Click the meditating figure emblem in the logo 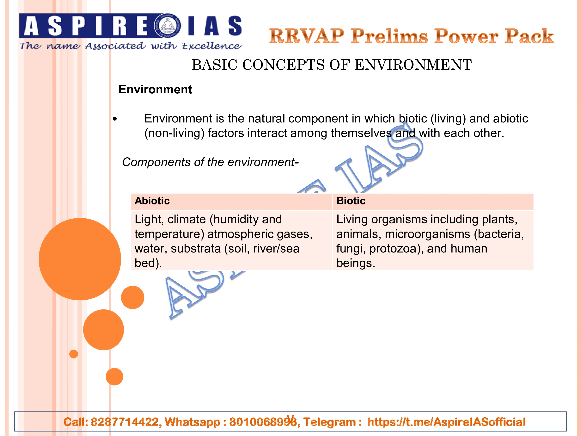coord(167,26)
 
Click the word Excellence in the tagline coord(211,46)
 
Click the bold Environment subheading coord(155,89)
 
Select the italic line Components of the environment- coord(210,162)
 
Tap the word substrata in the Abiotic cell coord(196,249)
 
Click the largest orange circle coord(80,259)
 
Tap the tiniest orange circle coord(74,354)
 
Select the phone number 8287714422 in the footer coord(125,422)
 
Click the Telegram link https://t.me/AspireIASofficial coord(446,422)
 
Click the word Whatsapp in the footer coord(192,422)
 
